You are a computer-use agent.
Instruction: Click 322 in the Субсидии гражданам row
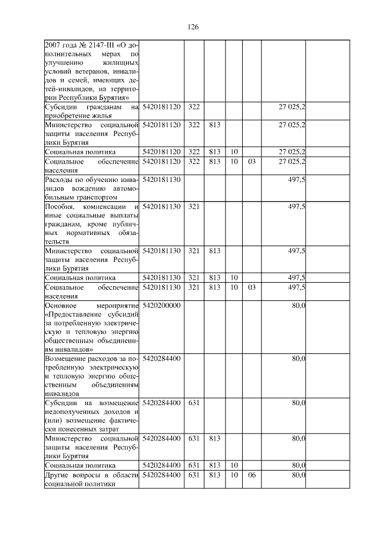(194, 107)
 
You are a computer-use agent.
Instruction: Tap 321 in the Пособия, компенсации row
(194, 206)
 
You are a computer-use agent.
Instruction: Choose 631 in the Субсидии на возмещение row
(194, 402)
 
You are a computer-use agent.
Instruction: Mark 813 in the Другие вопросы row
(214, 475)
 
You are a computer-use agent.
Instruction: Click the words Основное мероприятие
(91, 306)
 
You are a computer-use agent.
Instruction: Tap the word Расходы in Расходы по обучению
(61, 179)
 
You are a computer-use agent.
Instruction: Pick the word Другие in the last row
(58, 475)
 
